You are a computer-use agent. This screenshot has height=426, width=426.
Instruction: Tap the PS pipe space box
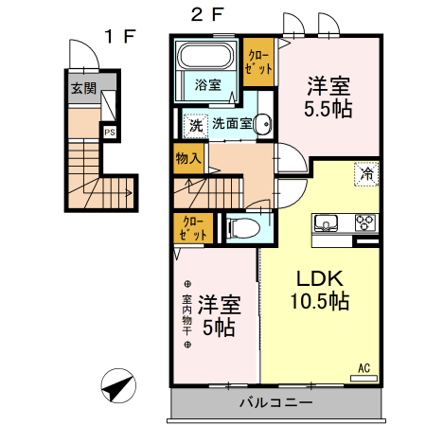point(110,133)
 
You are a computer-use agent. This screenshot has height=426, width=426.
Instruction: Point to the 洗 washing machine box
point(195,123)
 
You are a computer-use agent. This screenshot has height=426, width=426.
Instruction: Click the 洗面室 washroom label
point(231,123)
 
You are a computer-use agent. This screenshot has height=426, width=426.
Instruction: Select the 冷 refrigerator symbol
point(365,173)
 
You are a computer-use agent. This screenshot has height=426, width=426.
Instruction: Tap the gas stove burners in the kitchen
point(365,223)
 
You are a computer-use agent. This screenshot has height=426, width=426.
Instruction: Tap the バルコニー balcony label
point(275,403)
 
